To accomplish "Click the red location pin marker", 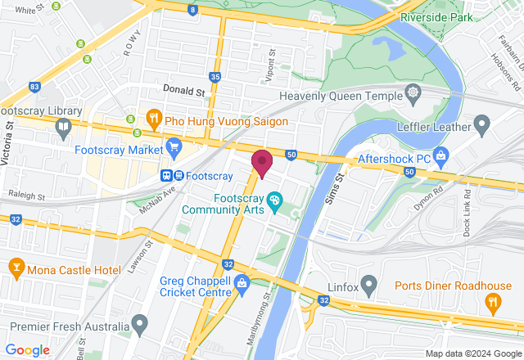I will (262, 163).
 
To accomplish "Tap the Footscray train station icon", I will (172, 176).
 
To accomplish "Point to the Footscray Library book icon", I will (63, 127).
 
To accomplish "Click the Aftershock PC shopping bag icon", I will (441, 155).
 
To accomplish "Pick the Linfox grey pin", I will (369, 286).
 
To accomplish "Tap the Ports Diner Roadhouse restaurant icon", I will (492, 303).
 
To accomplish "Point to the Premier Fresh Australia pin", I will (139, 326).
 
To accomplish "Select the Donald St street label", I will (183, 92).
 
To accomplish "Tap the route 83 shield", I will (34, 86).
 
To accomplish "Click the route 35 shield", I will (215, 77).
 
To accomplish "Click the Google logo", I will (27, 349).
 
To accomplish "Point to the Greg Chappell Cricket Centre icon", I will (242, 284).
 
